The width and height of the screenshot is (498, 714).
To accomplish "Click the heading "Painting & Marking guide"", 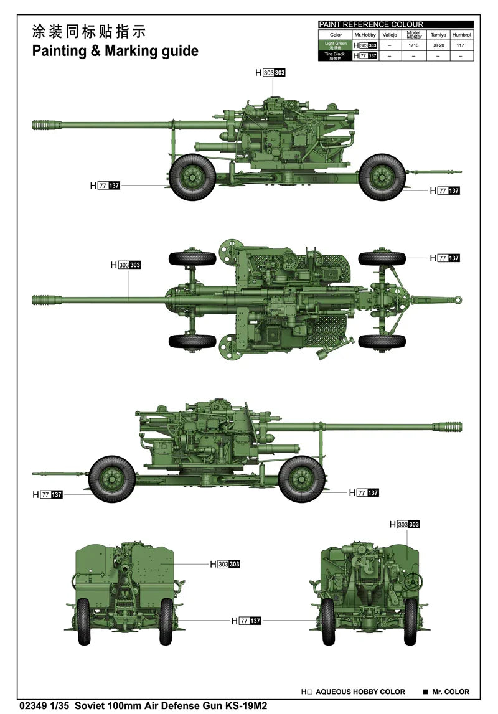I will point(115,51).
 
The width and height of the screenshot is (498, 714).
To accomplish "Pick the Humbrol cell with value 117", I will point(461,45).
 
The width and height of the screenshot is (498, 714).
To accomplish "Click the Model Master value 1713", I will point(414,45).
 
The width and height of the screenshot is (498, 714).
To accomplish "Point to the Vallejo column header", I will point(390,35).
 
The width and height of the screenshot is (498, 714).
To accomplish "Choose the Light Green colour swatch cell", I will point(336,45).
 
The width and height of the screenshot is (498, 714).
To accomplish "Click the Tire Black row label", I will point(336,55).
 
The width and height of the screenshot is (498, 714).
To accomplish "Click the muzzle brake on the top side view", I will point(45,125).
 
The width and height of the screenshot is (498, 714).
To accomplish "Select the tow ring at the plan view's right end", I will point(458,300).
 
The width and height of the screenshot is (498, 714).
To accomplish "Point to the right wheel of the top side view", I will point(382,177).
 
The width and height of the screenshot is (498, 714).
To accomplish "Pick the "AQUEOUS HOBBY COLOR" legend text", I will point(360,692).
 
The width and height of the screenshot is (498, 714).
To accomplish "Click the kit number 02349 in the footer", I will point(32,705).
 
